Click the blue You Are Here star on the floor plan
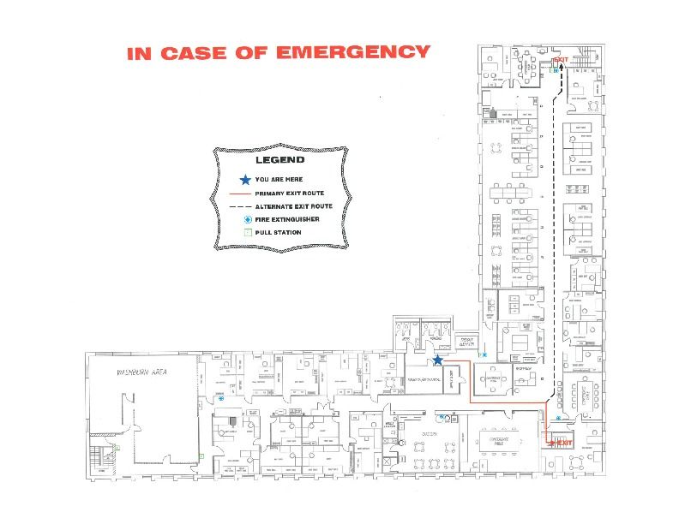437,361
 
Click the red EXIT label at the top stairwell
561,59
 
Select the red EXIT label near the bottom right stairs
562,443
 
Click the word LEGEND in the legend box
280,160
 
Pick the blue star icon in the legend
245,180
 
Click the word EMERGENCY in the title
352,52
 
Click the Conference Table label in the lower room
499,440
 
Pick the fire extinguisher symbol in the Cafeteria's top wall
442,417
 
